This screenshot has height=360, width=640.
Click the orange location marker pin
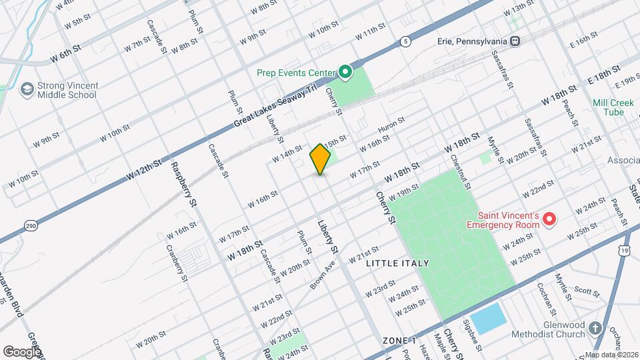point(321,159)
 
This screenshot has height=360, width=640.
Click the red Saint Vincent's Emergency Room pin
point(550,218)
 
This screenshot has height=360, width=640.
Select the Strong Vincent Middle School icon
point(27,89)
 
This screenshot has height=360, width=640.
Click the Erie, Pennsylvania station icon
point(515,41)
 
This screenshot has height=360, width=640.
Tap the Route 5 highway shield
point(405,42)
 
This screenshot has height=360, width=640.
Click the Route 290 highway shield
point(31,227)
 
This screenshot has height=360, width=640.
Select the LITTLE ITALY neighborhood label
point(397,263)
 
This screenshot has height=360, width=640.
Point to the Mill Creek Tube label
point(608,107)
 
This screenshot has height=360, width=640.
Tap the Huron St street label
point(391,125)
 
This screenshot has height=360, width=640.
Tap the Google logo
point(21,351)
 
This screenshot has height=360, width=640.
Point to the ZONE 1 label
point(399,341)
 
